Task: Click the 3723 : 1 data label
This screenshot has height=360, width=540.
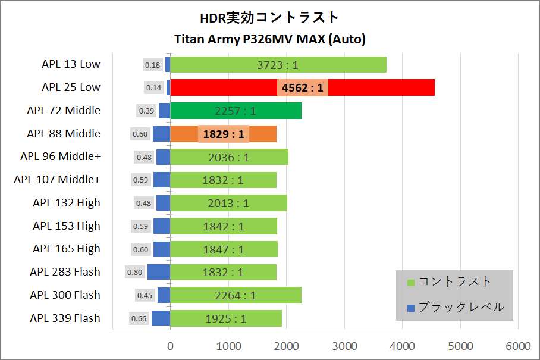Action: point(278,65)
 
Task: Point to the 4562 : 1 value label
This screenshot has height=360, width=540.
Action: point(303,88)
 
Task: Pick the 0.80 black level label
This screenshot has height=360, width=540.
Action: point(135,273)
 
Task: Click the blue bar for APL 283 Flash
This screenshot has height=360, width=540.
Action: point(159,272)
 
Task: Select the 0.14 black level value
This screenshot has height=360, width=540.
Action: point(153,88)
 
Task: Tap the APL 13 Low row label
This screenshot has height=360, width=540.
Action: point(71,64)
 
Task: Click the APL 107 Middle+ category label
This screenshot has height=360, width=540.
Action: point(57,179)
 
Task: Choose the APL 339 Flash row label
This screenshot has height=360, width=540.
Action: point(65,318)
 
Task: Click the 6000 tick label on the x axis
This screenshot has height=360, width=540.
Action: point(519,346)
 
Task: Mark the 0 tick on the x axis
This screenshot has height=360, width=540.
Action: point(171,346)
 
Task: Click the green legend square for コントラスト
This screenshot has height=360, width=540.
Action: point(410,282)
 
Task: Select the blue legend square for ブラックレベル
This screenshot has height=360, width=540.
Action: point(410,308)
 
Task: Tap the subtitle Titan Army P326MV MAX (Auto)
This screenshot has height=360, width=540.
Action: point(269,40)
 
